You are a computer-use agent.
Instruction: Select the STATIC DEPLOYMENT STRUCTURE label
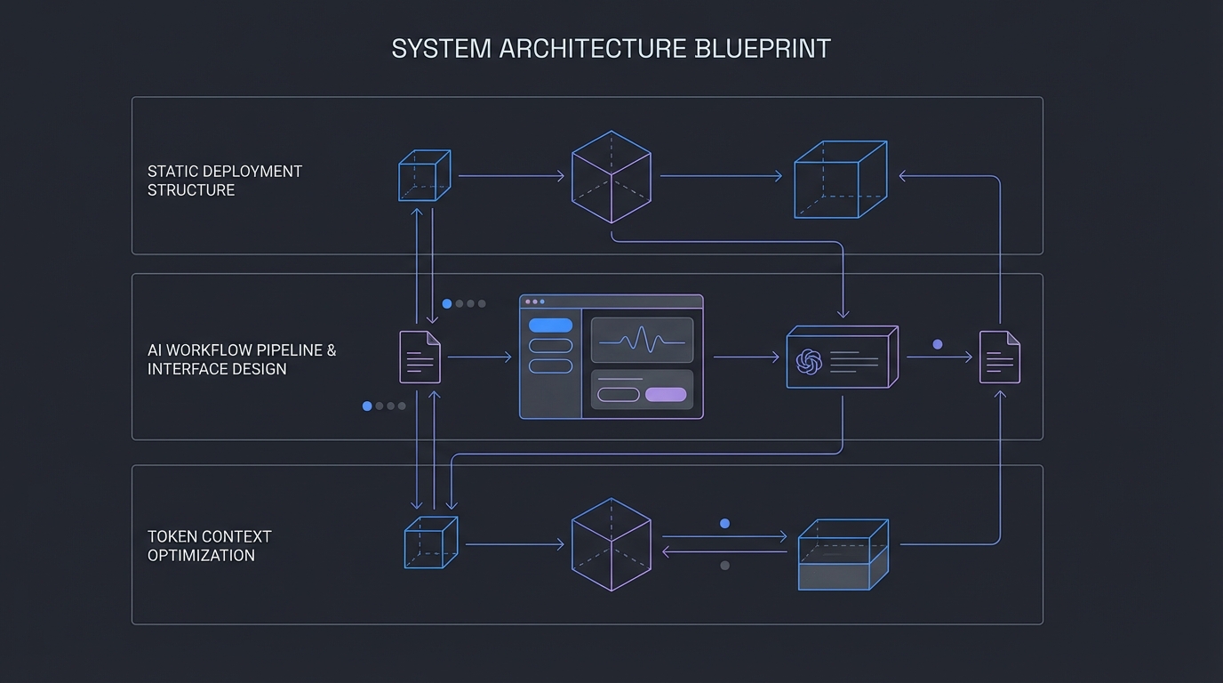[x=224, y=181]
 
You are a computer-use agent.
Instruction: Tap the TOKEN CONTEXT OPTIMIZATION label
[x=209, y=546]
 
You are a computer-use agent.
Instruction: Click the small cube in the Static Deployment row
[x=424, y=175]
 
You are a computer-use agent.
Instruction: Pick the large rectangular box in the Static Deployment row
[x=840, y=179]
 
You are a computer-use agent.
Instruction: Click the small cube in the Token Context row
[x=430, y=542]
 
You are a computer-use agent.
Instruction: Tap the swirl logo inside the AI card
[x=809, y=360]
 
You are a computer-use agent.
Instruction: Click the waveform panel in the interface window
[x=642, y=340]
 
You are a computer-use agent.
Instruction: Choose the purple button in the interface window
[x=666, y=395]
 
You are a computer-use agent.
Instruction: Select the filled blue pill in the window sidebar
[x=550, y=325]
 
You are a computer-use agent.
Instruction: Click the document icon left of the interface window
[x=420, y=357]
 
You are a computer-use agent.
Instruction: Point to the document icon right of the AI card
[x=999, y=357]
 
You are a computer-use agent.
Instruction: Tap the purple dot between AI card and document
[x=937, y=344]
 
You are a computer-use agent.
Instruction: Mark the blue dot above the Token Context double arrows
[x=724, y=524]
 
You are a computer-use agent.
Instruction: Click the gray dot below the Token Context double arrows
[x=724, y=566]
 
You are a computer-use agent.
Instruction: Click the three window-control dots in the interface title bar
[x=534, y=302]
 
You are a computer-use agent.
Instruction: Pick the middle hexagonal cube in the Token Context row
[x=611, y=544]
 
